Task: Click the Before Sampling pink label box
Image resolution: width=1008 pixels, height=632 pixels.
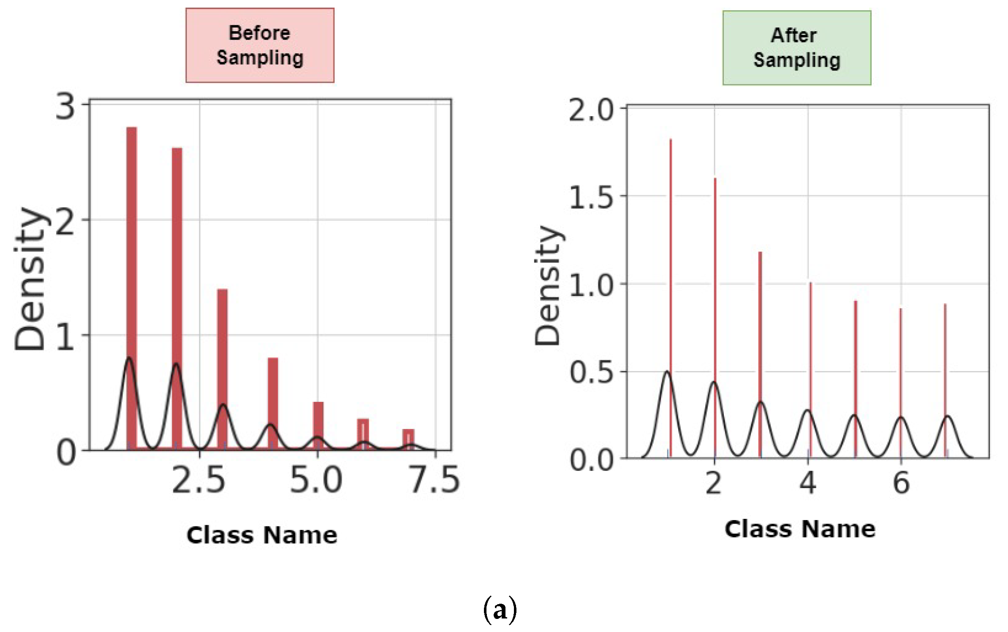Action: point(260,45)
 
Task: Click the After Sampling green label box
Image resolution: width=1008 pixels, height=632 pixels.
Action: point(796,48)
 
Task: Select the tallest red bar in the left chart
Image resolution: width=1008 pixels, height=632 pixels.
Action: point(132,287)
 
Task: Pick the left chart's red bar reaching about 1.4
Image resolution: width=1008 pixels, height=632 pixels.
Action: point(222,367)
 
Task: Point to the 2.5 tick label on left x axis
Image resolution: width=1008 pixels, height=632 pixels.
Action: point(198,481)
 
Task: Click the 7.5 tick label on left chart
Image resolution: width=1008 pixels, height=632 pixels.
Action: point(435,480)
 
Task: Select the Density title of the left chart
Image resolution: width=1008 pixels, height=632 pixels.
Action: point(30,279)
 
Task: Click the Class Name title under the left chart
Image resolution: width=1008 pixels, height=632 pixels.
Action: point(262,535)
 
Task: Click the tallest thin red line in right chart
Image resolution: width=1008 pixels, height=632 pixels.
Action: point(671,296)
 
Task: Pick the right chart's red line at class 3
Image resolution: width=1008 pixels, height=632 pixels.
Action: point(760,350)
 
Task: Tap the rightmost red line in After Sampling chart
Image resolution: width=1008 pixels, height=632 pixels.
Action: point(945,380)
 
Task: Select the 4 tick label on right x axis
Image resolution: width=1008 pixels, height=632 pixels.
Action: point(807,483)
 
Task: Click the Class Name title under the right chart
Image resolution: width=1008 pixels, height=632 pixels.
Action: point(800,529)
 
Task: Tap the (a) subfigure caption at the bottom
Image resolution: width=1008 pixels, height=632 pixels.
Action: point(500,610)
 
